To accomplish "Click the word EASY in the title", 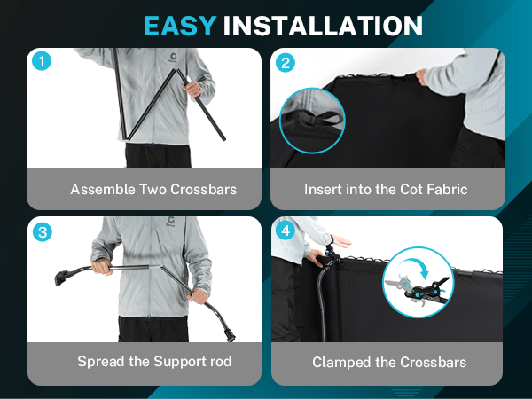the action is tap(180, 26).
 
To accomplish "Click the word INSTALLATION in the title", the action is tap(323, 26).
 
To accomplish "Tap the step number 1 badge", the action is tap(42, 61).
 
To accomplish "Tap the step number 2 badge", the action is tap(286, 63).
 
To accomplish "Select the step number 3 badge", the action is tap(43, 232).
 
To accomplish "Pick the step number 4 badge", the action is tap(286, 231).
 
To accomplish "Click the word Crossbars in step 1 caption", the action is tap(204, 190).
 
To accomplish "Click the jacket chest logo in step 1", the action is tap(173, 58).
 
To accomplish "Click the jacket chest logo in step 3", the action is tap(170, 222).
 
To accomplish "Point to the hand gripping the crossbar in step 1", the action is tap(192, 88).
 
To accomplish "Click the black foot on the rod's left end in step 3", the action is tap(62, 278).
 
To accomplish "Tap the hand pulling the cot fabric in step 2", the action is tap(421, 76).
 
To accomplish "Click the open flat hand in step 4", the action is tap(341, 241).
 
